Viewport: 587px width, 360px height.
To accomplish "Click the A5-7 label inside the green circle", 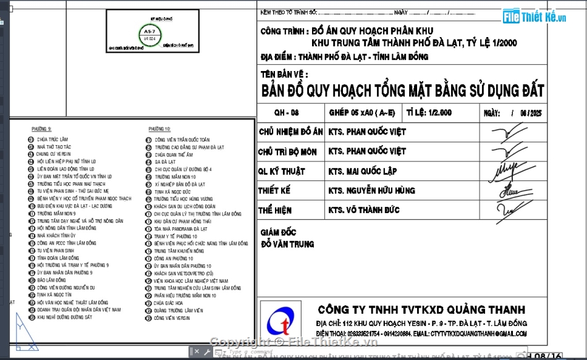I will (x=150, y=30).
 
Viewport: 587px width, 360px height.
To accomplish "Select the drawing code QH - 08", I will (x=286, y=112).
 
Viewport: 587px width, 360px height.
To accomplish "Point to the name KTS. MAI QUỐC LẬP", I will (x=363, y=171).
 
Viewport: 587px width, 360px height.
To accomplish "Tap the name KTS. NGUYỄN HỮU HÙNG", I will (x=372, y=191).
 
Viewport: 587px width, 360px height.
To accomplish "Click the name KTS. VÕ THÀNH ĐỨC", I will (x=364, y=210).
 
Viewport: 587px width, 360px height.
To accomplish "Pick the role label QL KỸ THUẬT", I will (x=282, y=171).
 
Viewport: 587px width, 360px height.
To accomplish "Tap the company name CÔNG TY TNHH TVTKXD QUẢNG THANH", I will (x=421, y=309).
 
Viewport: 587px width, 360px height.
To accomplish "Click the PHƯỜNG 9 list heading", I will (x=41, y=128).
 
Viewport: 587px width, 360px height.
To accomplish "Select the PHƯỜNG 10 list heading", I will (x=159, y=128).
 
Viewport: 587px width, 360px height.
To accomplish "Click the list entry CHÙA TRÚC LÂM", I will (x=52, y=140).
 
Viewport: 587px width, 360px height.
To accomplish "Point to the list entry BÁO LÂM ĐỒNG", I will (x=52, y=280).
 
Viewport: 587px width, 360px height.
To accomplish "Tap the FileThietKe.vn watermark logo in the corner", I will (x=534, y=17).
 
